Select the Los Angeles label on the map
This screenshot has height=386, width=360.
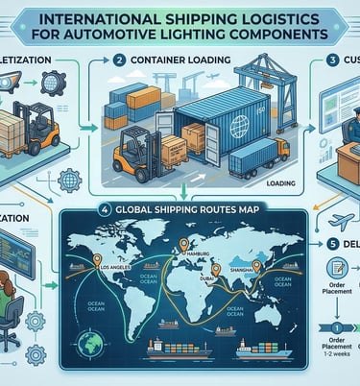(x=113, y=266)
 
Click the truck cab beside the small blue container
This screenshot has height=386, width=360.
(x=278, y=152)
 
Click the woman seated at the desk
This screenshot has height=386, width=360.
(x=12, y=307)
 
